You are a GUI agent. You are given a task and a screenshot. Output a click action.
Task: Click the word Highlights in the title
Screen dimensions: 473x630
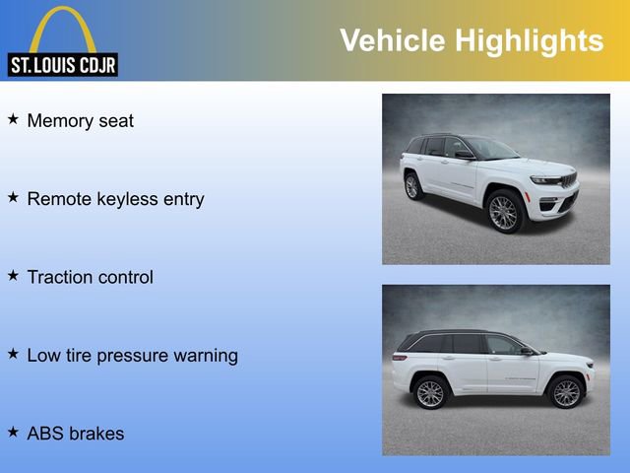(529, 40)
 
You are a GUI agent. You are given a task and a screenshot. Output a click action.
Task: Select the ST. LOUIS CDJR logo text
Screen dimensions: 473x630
(63, 66)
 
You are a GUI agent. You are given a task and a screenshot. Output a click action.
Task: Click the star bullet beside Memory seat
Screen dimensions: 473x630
(14, 119)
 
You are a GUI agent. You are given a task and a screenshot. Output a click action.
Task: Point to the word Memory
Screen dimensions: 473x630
(59, 121)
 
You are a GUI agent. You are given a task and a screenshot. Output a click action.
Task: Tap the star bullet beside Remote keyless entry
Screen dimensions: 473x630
(14, 197)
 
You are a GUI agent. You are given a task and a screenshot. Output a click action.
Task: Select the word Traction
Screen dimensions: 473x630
(62, 278)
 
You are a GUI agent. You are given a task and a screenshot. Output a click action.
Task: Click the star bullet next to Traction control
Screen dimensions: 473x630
(14, 276)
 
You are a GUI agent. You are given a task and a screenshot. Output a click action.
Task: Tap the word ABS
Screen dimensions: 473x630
(45, 434)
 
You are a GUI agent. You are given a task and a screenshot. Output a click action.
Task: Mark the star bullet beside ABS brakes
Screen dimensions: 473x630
(14, 432)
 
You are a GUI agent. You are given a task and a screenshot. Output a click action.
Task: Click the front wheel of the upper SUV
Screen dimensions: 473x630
(503, 212)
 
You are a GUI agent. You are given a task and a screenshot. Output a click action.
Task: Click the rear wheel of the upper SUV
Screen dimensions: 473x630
(413, 186)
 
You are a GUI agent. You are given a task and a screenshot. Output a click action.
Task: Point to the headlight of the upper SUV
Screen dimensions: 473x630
(544, 180)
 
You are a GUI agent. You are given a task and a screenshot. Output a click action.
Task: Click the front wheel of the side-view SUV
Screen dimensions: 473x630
(565, 392)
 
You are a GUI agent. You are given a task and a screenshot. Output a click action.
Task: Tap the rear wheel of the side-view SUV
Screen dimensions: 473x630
(430, 393)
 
